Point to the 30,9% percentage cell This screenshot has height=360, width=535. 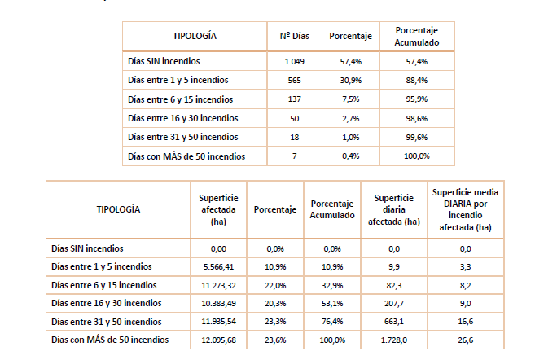pos(351,80)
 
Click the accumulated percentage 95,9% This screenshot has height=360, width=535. pos(416,99)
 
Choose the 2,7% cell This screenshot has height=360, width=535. pos(351,118)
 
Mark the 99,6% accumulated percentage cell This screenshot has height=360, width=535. pos(416,137)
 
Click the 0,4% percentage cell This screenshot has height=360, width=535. pos(351,156)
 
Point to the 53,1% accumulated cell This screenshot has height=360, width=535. pos(331,303)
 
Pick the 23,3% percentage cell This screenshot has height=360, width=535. pos(274,321)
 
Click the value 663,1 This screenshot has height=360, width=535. pos(392,321)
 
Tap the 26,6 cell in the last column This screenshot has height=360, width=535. pos(465,339)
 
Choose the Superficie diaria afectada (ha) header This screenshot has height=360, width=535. pos(394,209)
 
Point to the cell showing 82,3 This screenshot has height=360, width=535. pos(392,284)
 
